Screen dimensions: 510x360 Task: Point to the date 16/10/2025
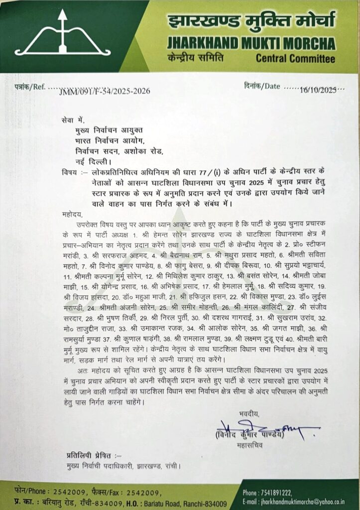(318, 90)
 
